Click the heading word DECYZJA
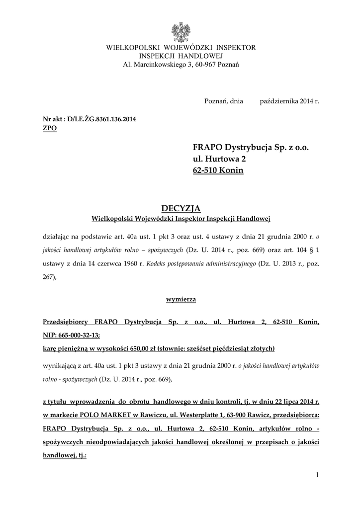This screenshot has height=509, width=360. [180, 207]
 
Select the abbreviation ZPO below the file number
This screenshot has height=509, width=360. [50, 128]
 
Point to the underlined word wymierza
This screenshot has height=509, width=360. [180, 299]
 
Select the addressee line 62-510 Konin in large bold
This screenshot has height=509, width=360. [218, 170]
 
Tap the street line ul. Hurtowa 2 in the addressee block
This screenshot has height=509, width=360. [219, 159]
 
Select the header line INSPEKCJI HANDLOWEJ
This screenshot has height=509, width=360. [180, 56]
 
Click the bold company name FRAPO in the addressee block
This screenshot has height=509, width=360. [208, 148]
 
